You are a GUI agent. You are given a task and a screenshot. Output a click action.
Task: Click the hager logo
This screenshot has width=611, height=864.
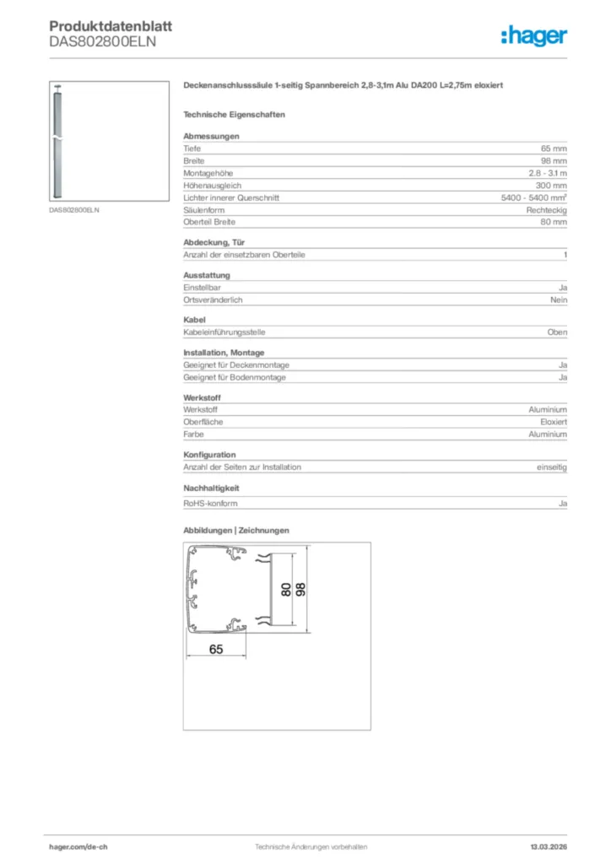pos(533,35)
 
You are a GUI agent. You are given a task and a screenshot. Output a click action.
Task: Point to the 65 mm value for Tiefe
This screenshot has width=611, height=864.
pos(554,148)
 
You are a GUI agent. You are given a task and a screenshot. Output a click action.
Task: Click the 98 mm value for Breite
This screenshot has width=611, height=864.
pos(554,160)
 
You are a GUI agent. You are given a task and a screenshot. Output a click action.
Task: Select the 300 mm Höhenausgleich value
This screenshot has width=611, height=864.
pos(551,185)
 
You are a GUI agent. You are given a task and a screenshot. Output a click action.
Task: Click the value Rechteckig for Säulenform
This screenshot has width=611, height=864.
pos(547,209)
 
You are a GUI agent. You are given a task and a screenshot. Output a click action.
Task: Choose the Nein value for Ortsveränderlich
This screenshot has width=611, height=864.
pos(559,300)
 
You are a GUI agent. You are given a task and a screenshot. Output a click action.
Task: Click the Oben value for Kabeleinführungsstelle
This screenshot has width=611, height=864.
pos(557,332)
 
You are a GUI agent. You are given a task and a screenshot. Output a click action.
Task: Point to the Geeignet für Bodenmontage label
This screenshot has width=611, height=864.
pos(235,377)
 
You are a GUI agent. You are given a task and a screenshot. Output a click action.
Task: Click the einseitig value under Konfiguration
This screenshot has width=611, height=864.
pos(552,467)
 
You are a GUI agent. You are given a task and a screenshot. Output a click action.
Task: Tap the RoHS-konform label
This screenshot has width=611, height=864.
pos(210,504)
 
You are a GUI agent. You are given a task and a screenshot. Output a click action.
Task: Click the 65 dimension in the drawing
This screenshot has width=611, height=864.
pos(215,649)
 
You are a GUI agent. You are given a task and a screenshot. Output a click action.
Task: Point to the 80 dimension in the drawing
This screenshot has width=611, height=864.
pos(286,590)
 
